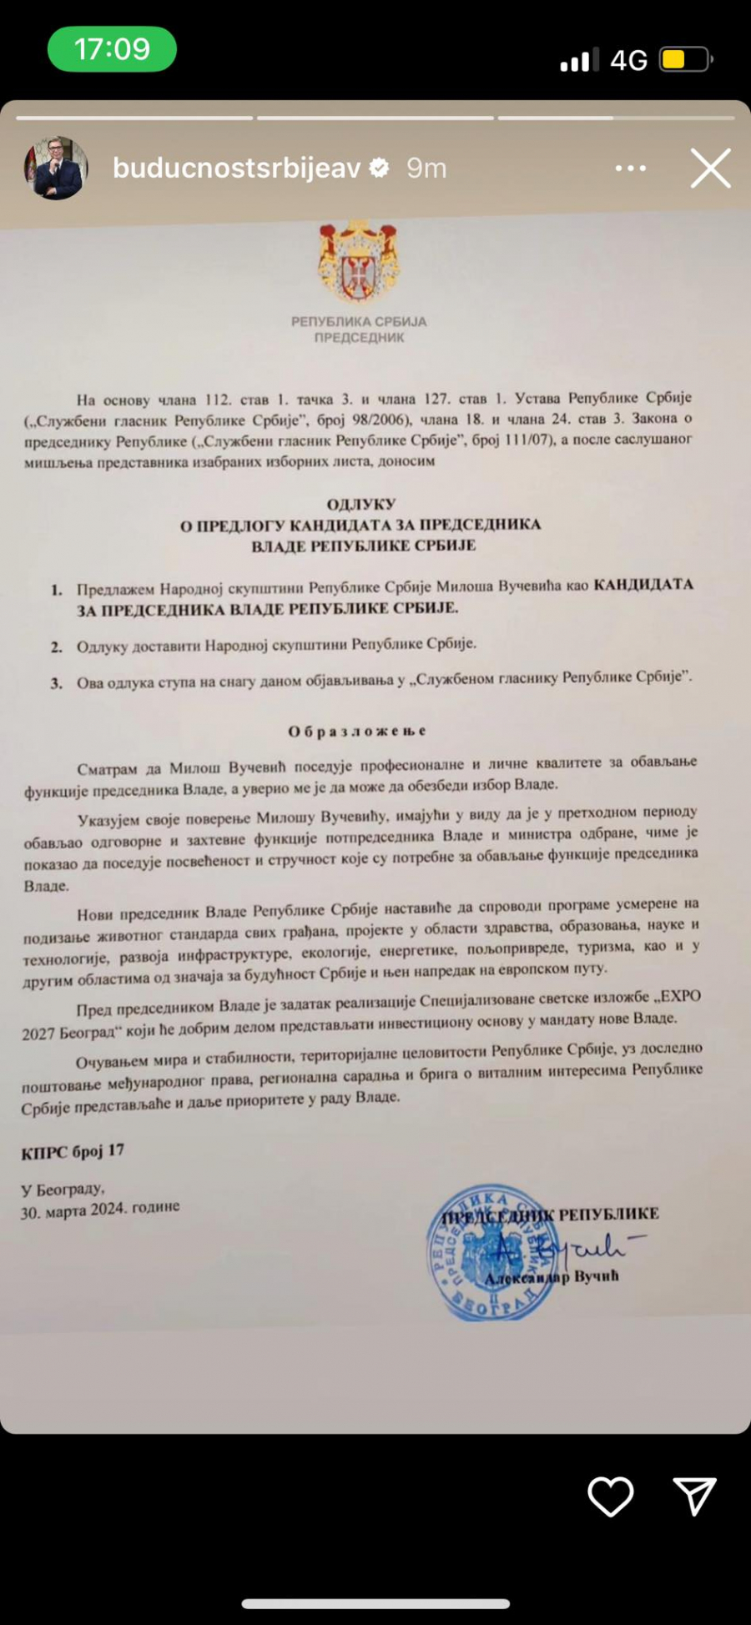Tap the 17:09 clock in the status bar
(x=112, y=49)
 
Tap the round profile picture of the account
(x=56, y=168)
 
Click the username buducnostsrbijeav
(x=236, y=169)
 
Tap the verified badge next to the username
(x=380, y=169)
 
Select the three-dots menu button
(x=630, y=169)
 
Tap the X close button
(x=710, y=169)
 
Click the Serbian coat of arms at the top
(x=359, y=263)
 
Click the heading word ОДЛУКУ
(x=361, y=504)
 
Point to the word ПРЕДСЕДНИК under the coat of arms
(x=359, y=338)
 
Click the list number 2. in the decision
(x=56, y=646)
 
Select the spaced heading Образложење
(x=357, y=732)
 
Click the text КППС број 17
(x=73, y=1152)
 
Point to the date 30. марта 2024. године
(x=100, y=1210)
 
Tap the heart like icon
(x=611, y=1496)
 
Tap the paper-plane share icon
(x=694, y=1496)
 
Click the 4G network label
(x=628, y=60)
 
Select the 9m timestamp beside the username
(x=426, y=169)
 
